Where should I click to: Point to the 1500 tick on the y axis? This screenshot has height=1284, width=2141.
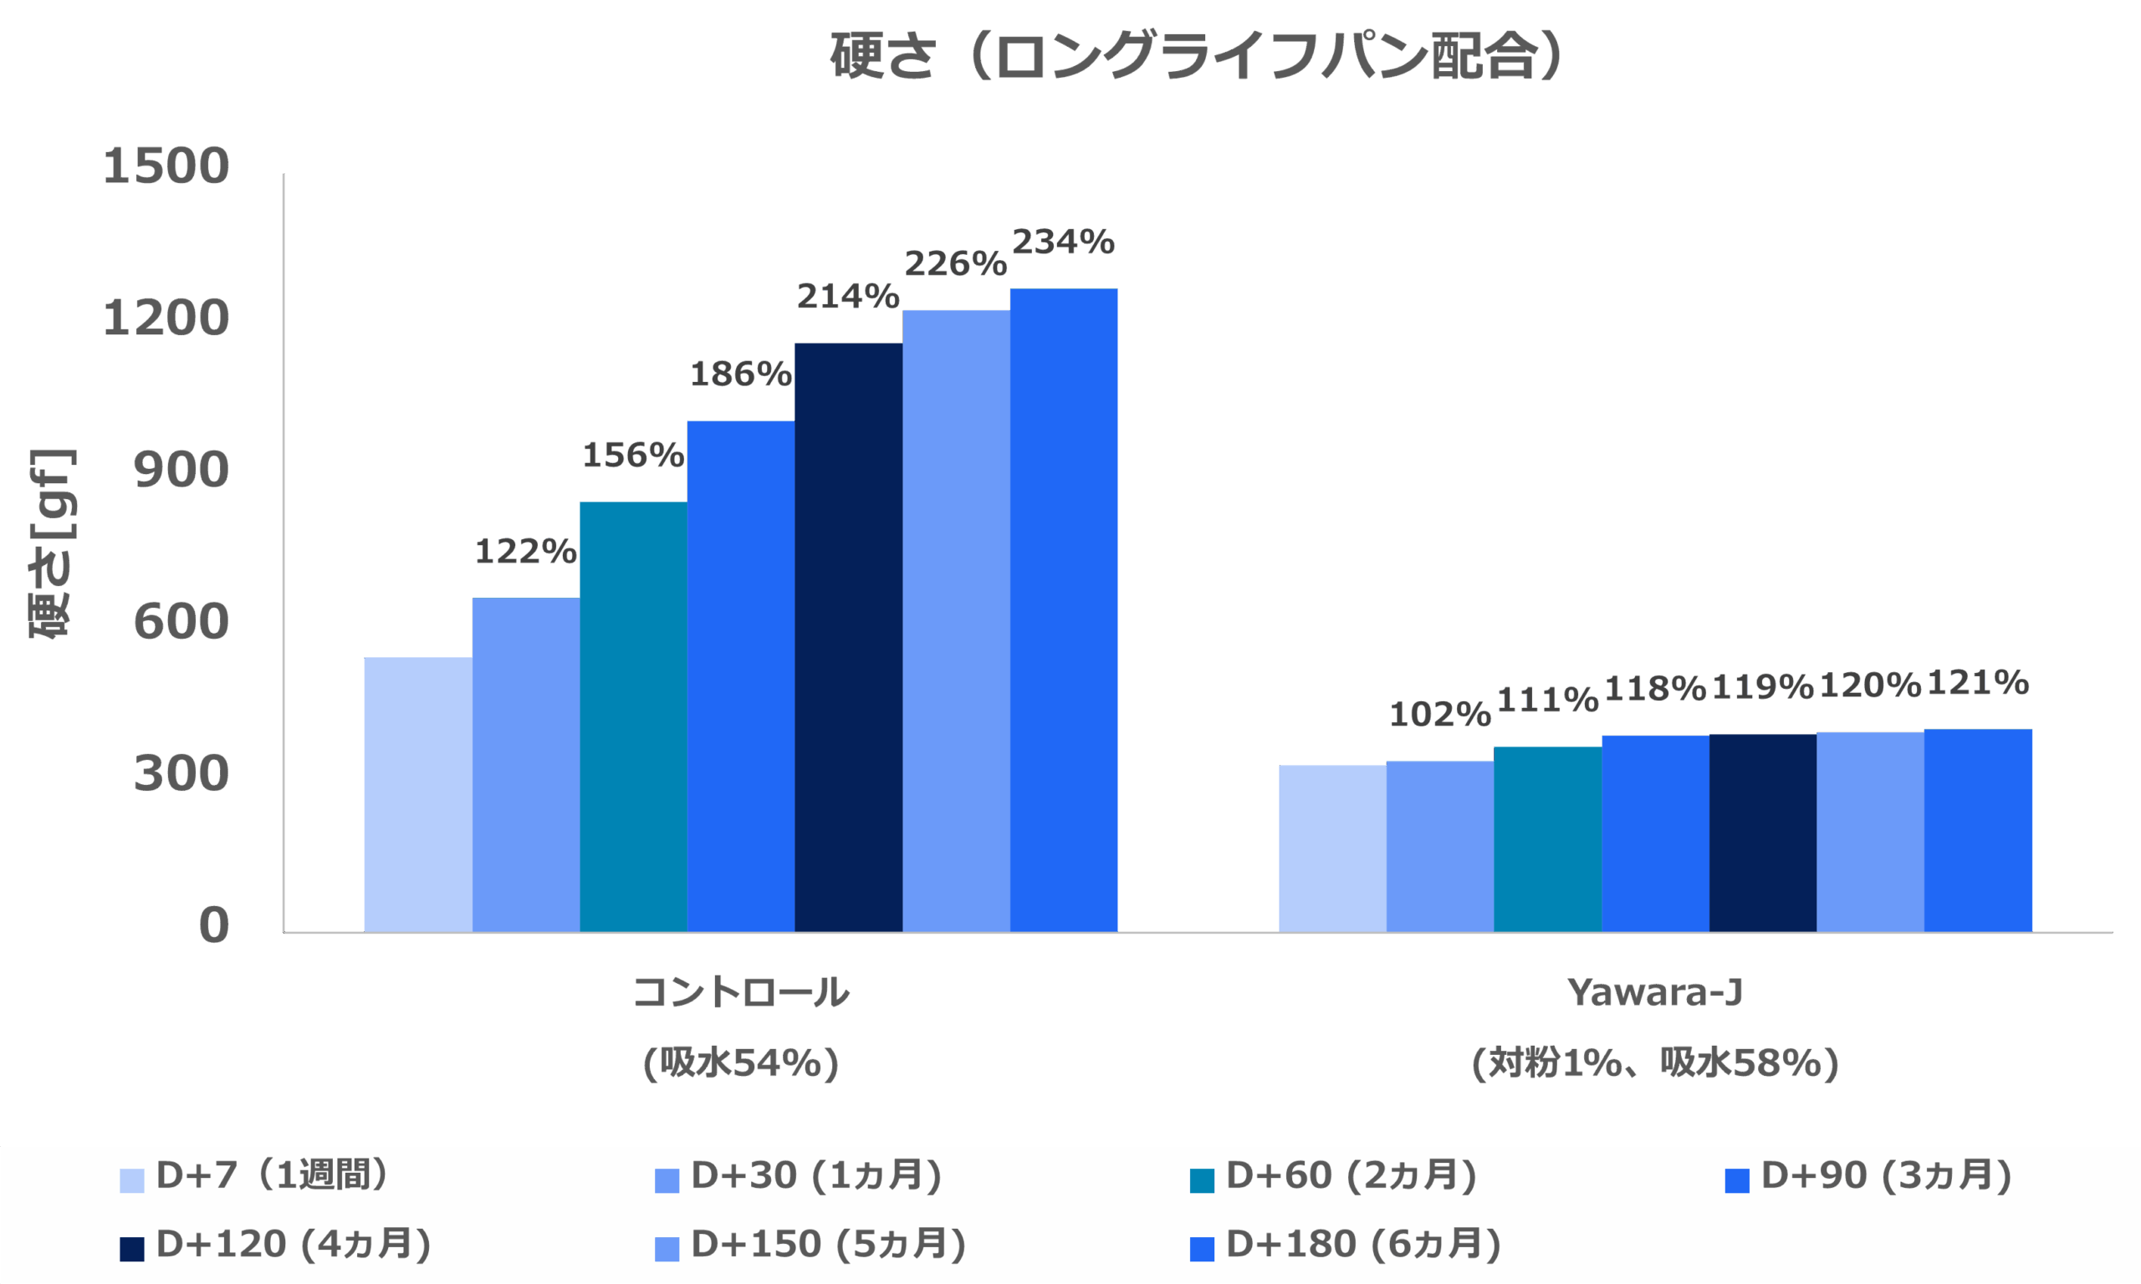[166, 166]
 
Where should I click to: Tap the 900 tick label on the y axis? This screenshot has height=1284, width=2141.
[181, 471]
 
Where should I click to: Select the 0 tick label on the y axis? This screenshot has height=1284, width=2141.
[214, 925]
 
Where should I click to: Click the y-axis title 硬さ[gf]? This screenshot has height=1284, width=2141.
[52, 543]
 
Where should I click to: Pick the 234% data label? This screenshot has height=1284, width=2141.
[1063, 242]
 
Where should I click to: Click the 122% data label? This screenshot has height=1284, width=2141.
[525, 551]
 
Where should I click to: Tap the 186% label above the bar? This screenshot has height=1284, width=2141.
[741, 374]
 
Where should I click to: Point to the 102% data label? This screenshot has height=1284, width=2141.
[1440, 715]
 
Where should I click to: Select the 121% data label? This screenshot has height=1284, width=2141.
[1977, 683]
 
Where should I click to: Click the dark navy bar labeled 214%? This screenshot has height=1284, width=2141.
[848, 637]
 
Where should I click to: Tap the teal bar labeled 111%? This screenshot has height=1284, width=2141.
[1547, 838]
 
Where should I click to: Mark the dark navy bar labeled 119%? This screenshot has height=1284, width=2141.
[1762, 833]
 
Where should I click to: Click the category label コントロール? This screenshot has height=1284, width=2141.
[741, 992]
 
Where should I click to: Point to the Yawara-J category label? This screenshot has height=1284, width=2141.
[1654, 992]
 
